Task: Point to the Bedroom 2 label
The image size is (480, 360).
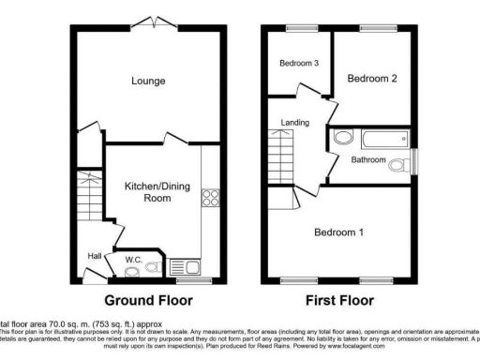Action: click(x=373, y=80)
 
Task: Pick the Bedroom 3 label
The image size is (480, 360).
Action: click(x=297, y=64)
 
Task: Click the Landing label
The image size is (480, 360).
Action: click(x=295, y=123)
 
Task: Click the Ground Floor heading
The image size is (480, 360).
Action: click(x=148, y=301)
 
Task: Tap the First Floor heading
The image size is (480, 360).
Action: click(x=339, y=301)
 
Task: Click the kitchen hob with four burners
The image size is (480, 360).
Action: click(x=211, y=199)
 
